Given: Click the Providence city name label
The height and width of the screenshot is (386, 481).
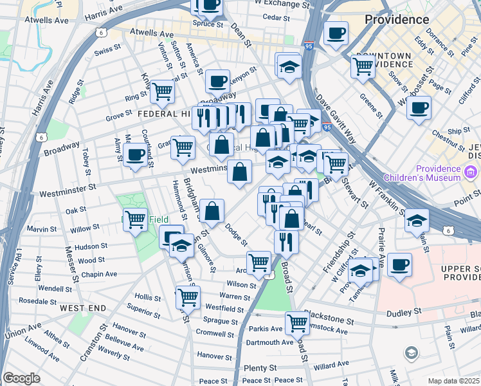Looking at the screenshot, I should click(x=397, y=19).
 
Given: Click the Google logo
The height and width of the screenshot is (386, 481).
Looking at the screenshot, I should click(x=21, y=378).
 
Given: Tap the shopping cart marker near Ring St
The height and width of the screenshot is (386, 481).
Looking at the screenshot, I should click(x=162, y=91).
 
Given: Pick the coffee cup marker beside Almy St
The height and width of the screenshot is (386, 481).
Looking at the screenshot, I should click(x=136, y=154).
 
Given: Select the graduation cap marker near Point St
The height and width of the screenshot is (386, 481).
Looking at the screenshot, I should click(x=417, y=220).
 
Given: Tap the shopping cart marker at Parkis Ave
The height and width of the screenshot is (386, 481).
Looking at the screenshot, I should click(x=297, y=322).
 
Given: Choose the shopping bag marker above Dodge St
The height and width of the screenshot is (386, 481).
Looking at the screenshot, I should click(x=212, y=210).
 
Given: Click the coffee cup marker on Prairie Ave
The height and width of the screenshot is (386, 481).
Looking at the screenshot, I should click(x=399, y=264).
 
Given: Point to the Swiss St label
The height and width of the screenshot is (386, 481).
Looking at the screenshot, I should click(x=107, y=50).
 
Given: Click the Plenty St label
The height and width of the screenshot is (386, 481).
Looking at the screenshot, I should click(x=260, y=368).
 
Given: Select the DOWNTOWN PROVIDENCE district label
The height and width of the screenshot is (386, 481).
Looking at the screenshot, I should click(x=384, y=60).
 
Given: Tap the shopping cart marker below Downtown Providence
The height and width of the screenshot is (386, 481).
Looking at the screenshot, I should click(x=363, y=66).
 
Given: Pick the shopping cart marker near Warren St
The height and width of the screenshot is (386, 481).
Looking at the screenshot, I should click(x=188, y=297).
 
